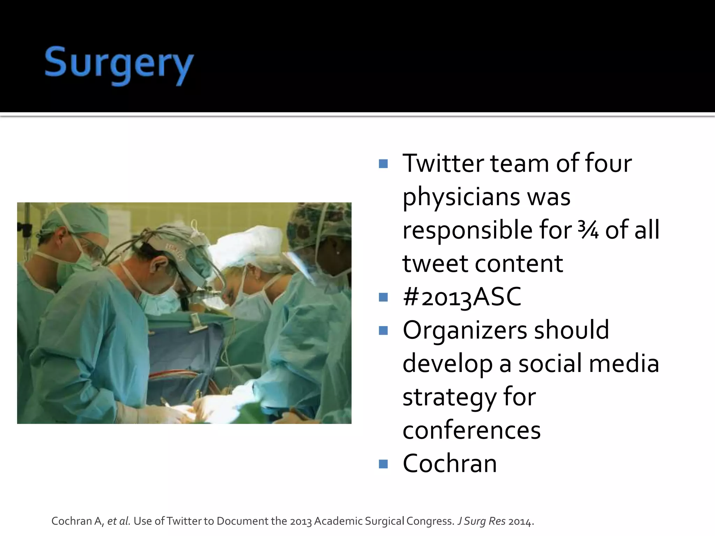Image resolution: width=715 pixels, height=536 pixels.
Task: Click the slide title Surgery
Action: (119, 65)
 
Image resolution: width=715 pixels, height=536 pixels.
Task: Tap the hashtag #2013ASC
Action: (462, 297)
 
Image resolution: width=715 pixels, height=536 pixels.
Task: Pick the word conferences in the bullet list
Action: (471, 431)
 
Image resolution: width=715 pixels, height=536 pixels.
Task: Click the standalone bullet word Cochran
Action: (449, 464)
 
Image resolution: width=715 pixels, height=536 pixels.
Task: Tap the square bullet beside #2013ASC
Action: (383, 297)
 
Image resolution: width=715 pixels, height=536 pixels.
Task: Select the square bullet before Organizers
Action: (383, 330)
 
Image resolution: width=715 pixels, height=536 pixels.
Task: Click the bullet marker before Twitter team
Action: (383, 164)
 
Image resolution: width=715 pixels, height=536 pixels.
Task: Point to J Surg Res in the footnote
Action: (481, 521)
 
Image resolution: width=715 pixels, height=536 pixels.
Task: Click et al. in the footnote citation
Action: (119, 521)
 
